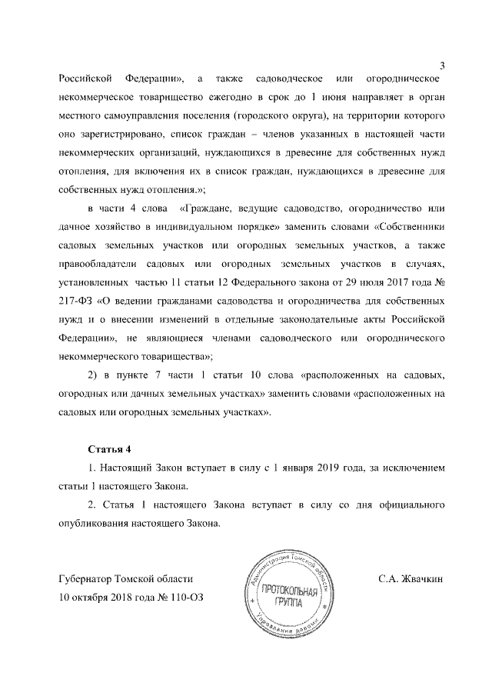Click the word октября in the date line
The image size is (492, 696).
point(94,596)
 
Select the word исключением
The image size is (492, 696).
point(412,468)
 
